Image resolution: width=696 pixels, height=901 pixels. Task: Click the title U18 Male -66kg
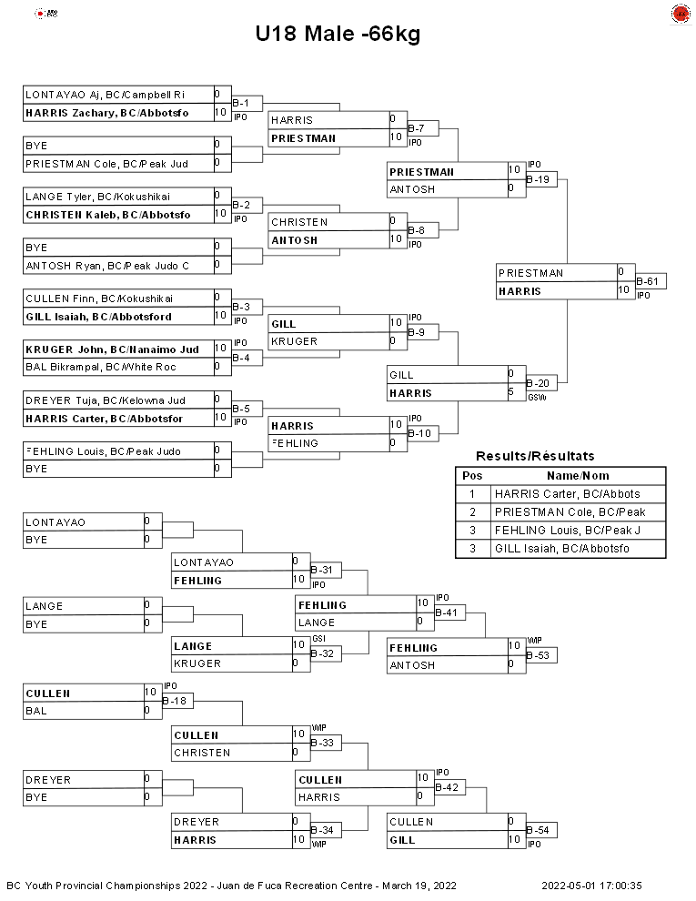point(338,34)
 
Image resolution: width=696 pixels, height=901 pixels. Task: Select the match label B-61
point(647,281)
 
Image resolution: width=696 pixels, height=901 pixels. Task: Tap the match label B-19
point(538,179)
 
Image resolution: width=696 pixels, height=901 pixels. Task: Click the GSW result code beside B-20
point(537,397)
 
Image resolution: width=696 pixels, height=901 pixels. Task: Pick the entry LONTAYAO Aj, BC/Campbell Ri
point(106,95)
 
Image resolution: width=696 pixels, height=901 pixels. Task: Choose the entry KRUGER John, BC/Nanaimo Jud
point(113,349)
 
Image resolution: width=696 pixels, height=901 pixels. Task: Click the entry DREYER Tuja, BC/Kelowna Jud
point(106,400)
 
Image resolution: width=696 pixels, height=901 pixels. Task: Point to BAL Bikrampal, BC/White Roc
point(100,367)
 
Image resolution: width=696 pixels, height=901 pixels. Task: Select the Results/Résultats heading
point(535,456)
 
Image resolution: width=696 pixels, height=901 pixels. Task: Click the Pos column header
point(472,476)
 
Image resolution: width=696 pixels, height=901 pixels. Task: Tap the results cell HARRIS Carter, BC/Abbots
point(568,493)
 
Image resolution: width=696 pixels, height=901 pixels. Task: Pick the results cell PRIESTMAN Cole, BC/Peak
point(570,512)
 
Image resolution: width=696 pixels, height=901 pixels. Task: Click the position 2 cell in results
point(472,512)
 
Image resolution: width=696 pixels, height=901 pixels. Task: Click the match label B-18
point(175,701)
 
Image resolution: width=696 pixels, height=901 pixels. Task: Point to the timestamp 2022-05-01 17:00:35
point(591,886)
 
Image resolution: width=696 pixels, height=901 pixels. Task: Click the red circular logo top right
point(681,14)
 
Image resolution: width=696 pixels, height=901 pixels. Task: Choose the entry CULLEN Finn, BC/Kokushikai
point(99,299)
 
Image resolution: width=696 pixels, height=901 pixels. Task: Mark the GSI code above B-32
point(318,639)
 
